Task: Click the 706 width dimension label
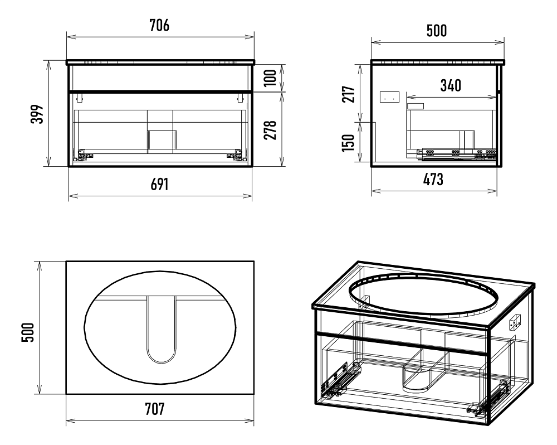tap(159, 25)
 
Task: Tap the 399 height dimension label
tap(37, 114)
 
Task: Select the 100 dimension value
tap(270, 78)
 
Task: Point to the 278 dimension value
tap(270, 130)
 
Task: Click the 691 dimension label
tap(159, 184)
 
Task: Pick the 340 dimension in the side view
tap(451, 85)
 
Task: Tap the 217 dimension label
tap(349, 94)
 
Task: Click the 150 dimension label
tap(349, 143)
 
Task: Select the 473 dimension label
tap(433, 179)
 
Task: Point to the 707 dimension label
tap(154, 409)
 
